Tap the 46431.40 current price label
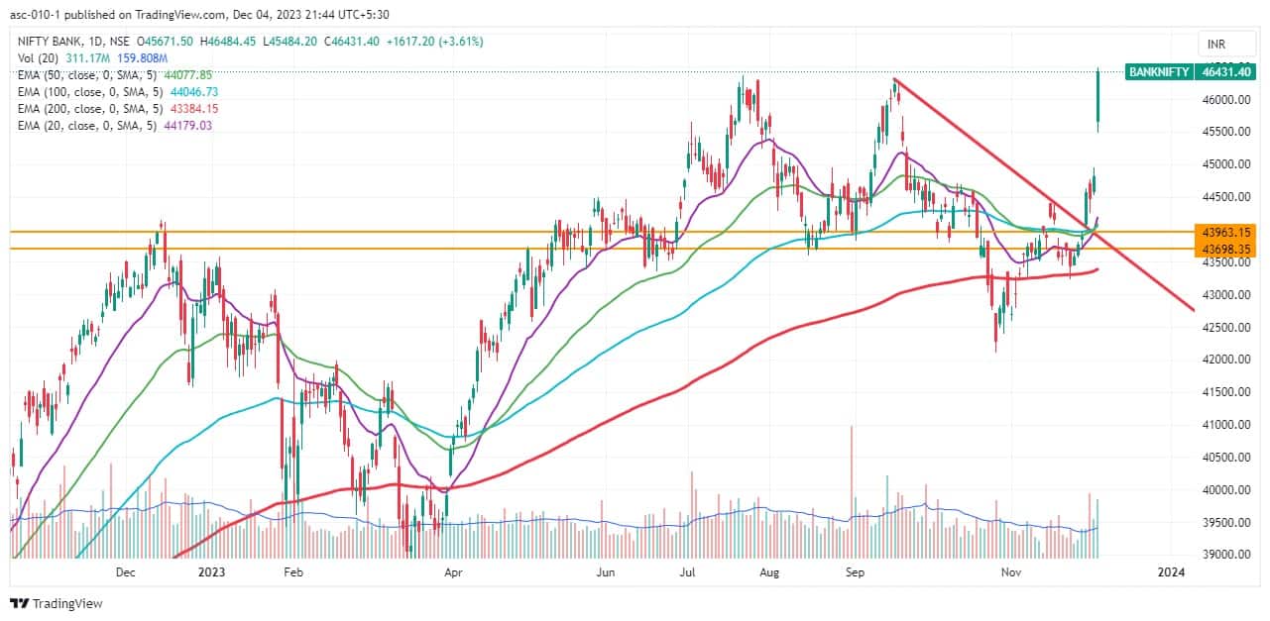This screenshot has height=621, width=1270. click(x=1228, y=71)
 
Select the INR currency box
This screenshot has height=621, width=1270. click(x=1216, y=44)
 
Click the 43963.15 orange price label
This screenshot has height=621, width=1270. click(x=1226, y=232)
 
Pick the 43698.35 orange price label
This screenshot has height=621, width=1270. click(x=1226, y=249)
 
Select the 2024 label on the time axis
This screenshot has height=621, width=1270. click(x=1172, y=571)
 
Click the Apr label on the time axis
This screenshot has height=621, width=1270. click(x=453, y=571)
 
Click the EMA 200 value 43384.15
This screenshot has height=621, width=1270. click(x=193, y=108)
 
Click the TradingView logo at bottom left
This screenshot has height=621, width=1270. click(x=57, y=603)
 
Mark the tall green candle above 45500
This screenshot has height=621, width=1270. click(x=1097, y=100)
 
